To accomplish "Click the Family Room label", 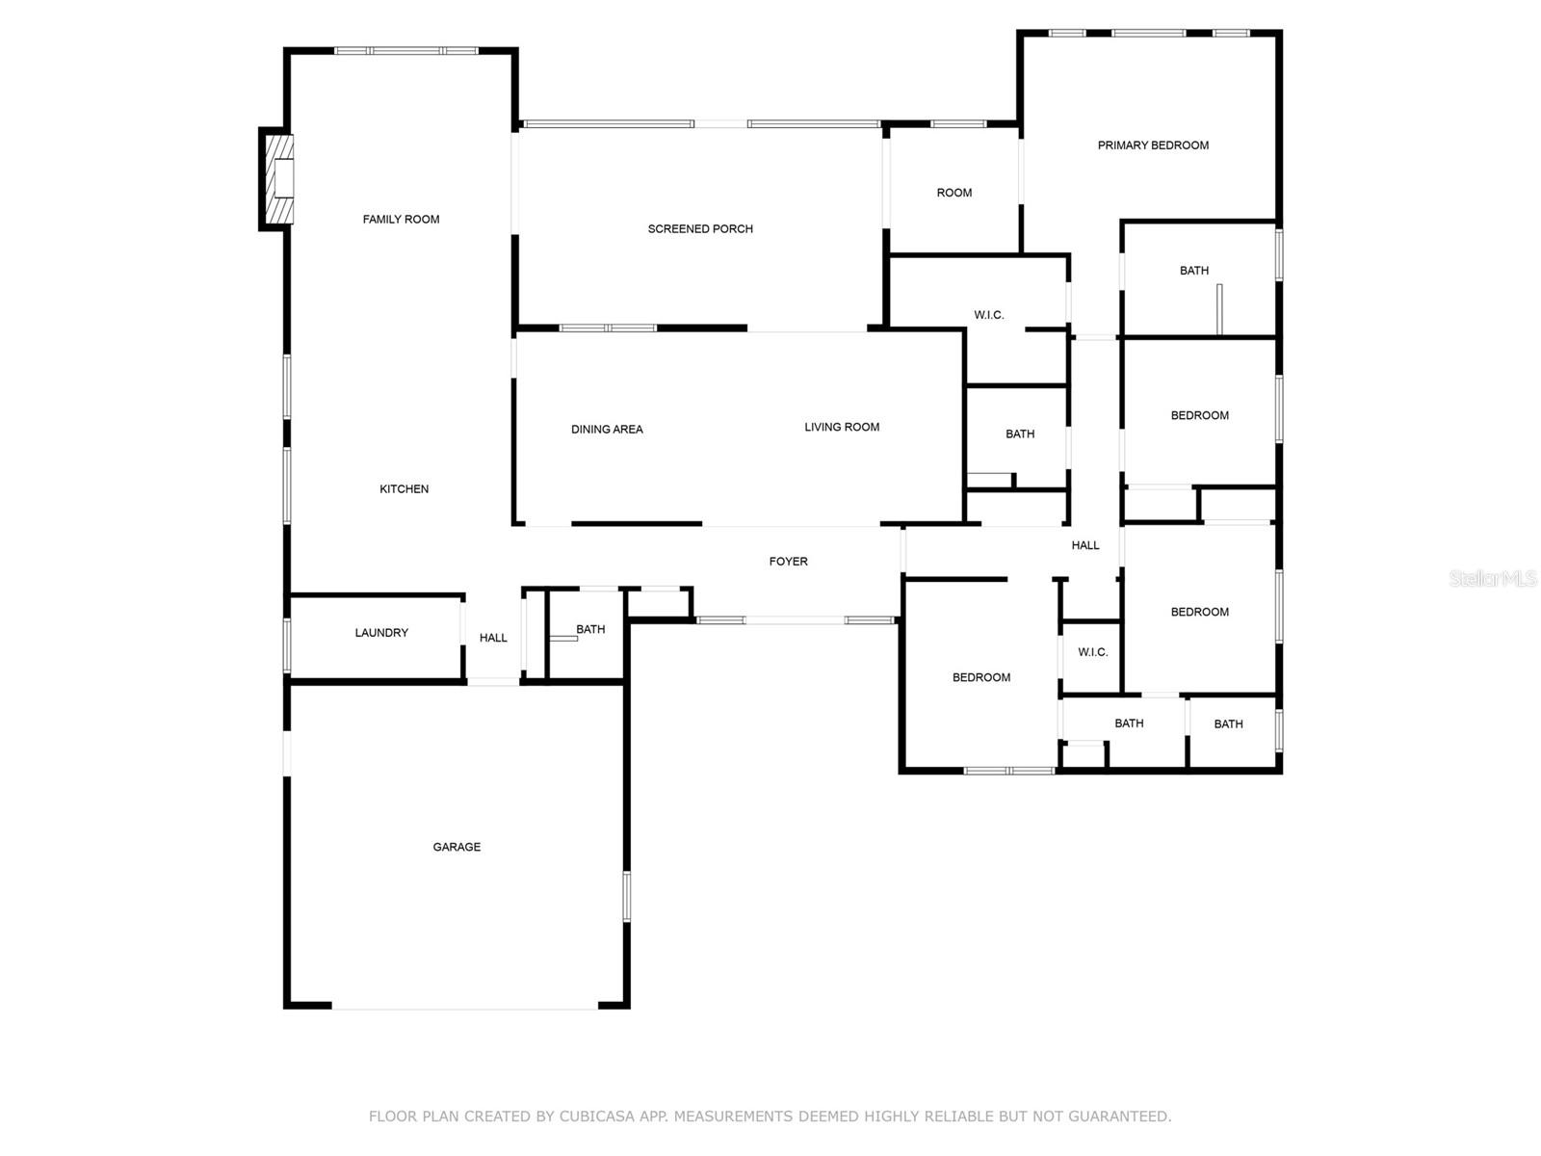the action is coord(401,220).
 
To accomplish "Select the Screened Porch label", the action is coord(700,229).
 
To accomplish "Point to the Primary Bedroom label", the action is coord(1153,145).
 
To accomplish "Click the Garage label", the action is coord(457,847).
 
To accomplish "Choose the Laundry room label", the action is coord(381,633).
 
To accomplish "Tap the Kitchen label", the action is coord(404,489).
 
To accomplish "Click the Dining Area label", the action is coord(607,430).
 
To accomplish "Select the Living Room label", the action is coord(842,428).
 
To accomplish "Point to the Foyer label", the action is coord(789,562).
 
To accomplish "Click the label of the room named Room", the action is coord(954,193).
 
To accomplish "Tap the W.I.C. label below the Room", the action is coord(988,315).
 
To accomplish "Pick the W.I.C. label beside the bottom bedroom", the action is coord(1093,653).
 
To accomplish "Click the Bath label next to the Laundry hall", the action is coord(590,630).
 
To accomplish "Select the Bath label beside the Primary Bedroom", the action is coord(1194,271).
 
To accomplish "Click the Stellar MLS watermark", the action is coord(1493,579).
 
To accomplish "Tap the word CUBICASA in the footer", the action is coord(597,1116).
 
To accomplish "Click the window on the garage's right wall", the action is coord(627,896).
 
